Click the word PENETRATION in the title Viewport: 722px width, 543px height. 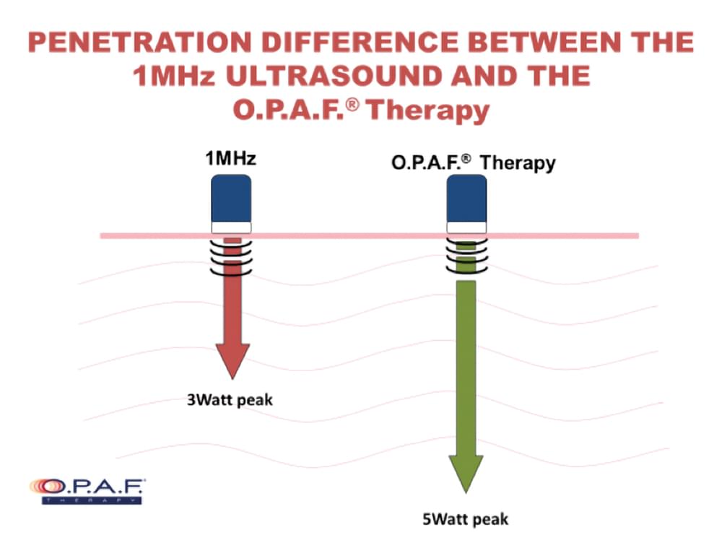tap(139, 42)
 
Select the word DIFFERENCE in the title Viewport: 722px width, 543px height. tap(360, 42)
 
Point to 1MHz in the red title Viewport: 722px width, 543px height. tap(173, 76)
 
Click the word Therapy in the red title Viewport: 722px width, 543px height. tap(427, 111)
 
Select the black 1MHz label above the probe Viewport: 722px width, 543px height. tap(230, 158)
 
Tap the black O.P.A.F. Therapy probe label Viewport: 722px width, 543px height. tap(474, 163)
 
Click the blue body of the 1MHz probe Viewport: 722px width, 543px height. tap(231, 199)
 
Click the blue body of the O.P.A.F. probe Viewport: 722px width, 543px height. tap(467, 199)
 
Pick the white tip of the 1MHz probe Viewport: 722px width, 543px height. tap(231, 227)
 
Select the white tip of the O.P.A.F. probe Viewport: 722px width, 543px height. tap(467, 227)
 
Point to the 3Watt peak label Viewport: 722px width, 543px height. tap(230, 400)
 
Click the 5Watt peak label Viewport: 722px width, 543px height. tap(466, 519)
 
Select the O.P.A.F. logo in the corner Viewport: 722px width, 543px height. tap(87, 491)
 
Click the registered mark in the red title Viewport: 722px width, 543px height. tap(353, 105)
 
